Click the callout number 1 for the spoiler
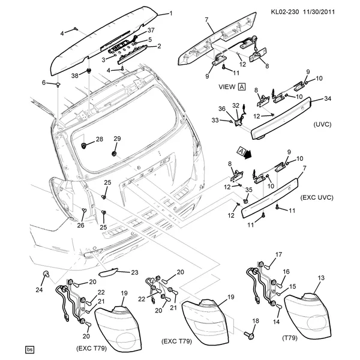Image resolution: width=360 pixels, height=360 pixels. click(170, 13)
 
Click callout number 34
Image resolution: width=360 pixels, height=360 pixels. click(328, 99)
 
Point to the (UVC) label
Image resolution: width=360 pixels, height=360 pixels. click(322, 124)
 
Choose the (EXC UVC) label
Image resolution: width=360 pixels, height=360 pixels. click(317, 197)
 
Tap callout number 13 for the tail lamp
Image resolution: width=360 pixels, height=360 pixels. click(320, 278)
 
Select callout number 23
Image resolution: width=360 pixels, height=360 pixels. click(134, 272)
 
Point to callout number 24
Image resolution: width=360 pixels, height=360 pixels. click(40, 290)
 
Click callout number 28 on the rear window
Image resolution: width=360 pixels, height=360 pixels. click(100, 139)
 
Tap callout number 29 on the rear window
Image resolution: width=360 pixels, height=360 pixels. click(118, 139)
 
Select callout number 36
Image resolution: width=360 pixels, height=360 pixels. click(221, 108)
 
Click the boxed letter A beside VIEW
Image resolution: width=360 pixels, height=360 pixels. click(241, 86)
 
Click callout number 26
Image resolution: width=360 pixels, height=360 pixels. click(80, 226)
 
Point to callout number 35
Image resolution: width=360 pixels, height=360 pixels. click(249, 190)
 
